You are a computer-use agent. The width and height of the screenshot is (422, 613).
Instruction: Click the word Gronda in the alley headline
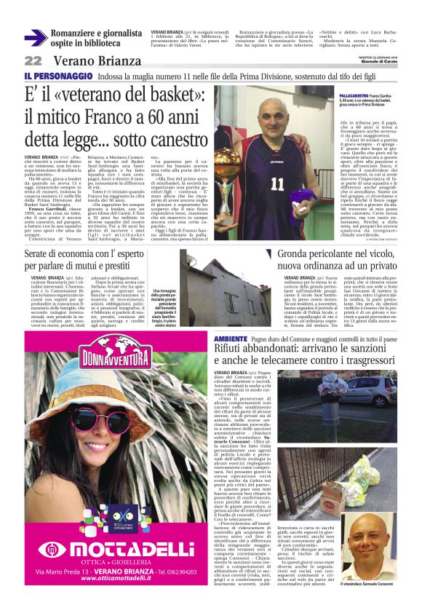pyautogui.click(x=295, y=255)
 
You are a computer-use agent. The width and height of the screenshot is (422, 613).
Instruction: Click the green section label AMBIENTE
pyautogui.click(x=231, y=340)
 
